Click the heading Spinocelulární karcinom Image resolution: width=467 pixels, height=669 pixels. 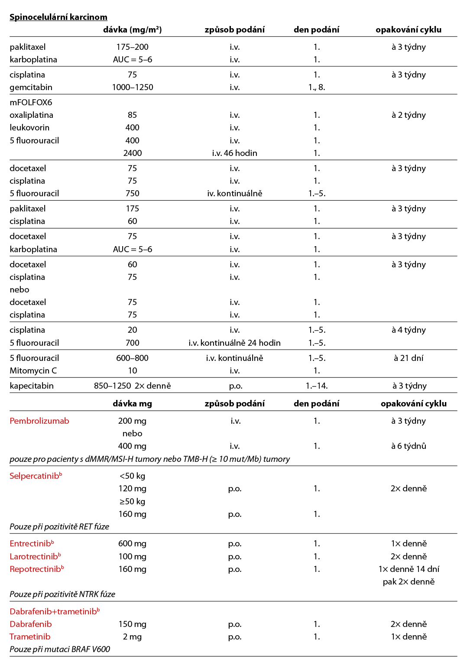[x=58, y=17]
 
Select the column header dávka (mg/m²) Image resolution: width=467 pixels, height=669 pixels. [x=133, y=30]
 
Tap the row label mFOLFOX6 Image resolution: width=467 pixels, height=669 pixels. [x=31, y=103]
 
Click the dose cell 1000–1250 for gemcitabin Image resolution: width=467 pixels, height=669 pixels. [x=133, y=88]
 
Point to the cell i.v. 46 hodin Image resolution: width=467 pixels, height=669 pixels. [x=235, y=153]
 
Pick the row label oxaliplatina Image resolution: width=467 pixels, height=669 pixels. [x=32, y=115]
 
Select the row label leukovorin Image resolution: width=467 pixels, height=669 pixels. [x=29, y=128]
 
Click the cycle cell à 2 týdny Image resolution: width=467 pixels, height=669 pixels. [x=409, y=115]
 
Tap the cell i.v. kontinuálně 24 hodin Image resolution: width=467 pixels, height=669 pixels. [x=235, y=343]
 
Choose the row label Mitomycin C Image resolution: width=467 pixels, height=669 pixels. [x=33, y=371]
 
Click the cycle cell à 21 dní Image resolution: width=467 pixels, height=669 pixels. [x=409, y=358]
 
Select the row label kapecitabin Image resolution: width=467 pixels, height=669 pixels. [x=32, y=386]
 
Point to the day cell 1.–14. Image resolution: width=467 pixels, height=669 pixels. [x=317, y=386]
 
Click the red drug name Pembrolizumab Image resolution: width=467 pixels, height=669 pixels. [x=39, y=421]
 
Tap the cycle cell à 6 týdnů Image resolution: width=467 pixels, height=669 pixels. [x=409, y=446]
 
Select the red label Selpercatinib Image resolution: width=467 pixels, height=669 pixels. [x=35, y=476]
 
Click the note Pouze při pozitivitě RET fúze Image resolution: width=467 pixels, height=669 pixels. [x=59, y=527]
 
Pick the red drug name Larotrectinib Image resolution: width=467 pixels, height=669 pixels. [x=34, y=557]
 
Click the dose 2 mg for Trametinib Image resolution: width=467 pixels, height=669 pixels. [x=133, y=637]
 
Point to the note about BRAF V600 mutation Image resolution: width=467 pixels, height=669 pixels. [x=60, y=650]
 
